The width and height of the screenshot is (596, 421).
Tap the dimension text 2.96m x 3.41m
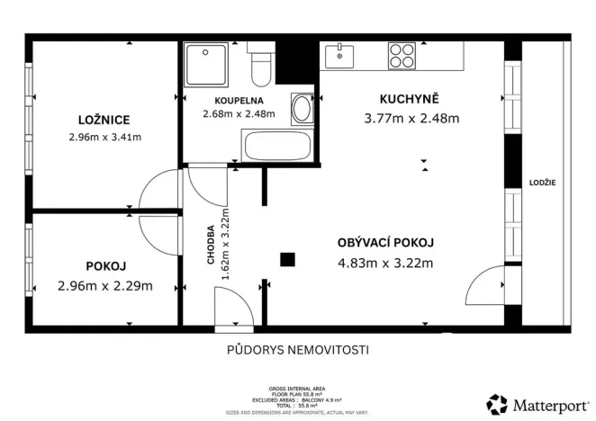(x=105, y=138)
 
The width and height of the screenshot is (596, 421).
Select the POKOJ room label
(x=105, y=266)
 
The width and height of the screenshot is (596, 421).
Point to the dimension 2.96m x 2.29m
(x=105, y=286)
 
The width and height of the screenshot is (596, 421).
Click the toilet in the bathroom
(x=261, y=65)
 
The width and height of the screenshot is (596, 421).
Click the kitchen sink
(x=341, y=56)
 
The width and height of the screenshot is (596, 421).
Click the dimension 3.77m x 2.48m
(x=411, y=118)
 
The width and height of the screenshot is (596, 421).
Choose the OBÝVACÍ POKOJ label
(x=385, y=243)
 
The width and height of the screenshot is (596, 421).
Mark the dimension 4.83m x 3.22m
(x=385, y=264)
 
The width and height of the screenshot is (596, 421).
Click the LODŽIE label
(x=543, y=183)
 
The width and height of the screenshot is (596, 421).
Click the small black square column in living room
(x=287, y=261)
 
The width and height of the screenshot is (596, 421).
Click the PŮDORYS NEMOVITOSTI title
(x=297, y=350)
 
